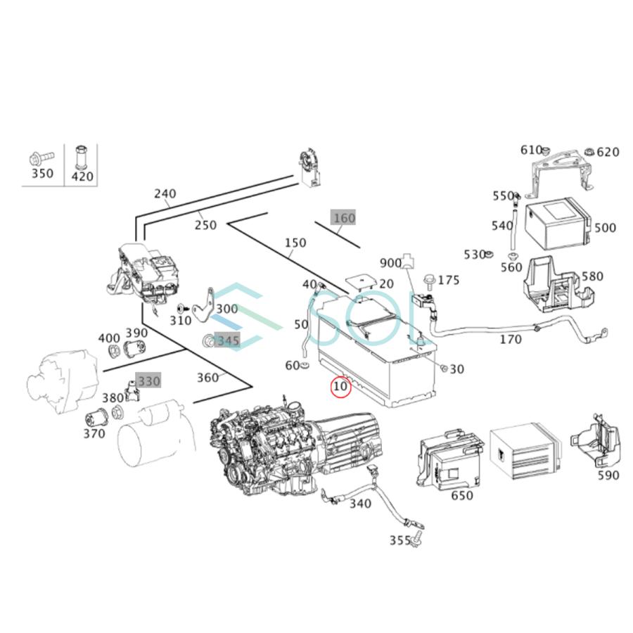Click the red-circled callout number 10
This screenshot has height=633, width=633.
click(341, 386)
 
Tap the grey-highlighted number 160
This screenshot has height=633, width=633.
click(344, 218)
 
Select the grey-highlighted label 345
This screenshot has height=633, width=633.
click(227, 341)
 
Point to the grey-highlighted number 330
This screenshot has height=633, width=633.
click(148, 381)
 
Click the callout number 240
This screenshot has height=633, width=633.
click(166, 194)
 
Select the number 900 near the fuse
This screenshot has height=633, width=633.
click(390, 263)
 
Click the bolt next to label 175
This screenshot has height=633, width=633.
click(428, 281)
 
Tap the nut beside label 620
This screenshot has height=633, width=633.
click(587, 152)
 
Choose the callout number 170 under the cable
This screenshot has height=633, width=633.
click(510, 340)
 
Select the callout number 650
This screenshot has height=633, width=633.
click(461, 496)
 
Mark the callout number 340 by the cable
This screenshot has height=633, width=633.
click(360, 504)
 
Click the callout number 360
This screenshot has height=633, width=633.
click(207, 378)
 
